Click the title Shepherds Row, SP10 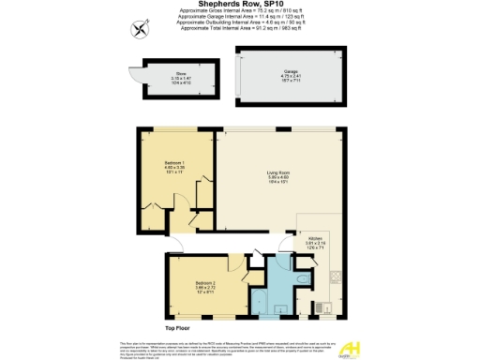[240, 4]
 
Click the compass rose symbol [141, 29]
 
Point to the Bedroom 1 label [176, 169]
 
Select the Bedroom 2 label [205, 285]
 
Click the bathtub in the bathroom [260, 301]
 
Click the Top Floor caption [178, 329]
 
